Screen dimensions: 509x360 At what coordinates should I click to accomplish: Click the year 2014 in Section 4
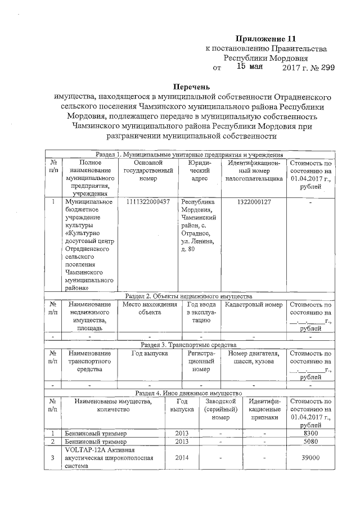(182, 458)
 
